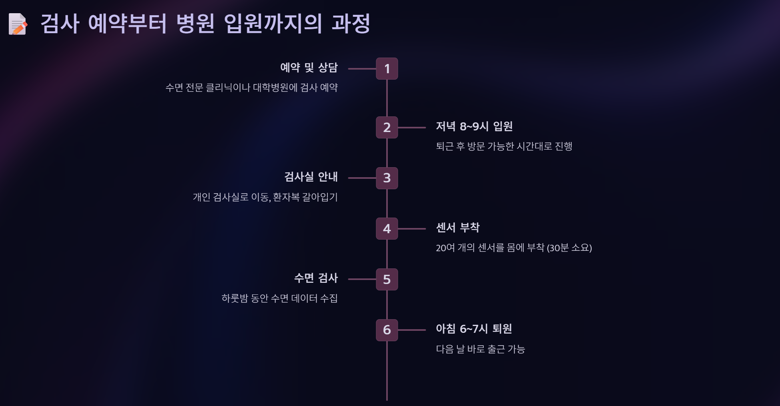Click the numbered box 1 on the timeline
pos(387,69)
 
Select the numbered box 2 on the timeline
pos(387,128)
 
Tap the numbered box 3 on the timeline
pos(387,178)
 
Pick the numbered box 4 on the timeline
pos(387,229)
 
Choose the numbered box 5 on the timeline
pos(387,279)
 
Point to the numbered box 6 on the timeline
pos(387,330)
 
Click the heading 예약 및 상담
pos(309,68)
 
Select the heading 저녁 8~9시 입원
pos(474,126)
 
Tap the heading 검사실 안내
pos(311,177)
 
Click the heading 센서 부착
pos(457,228)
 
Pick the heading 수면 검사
pos(316,278)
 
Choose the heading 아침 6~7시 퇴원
pos(474,329)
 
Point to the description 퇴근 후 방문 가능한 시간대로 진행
pos(504,146)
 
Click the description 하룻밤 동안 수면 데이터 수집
pos(279,298)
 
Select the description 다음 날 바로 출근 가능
pos(480,349)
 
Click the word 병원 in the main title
pos(195,23)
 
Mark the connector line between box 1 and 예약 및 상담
pos(362,69)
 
